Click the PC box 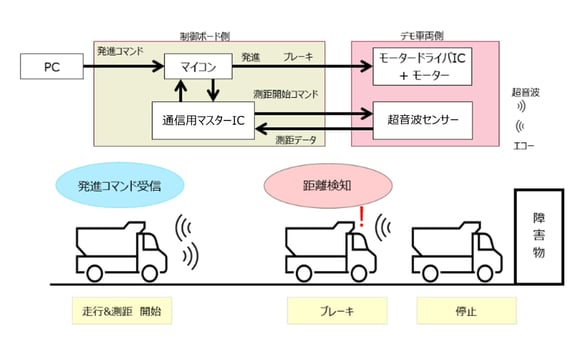[54, 70]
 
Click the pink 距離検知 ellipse [309, 187]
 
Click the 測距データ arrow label [296, 139]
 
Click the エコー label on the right [523, 143]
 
